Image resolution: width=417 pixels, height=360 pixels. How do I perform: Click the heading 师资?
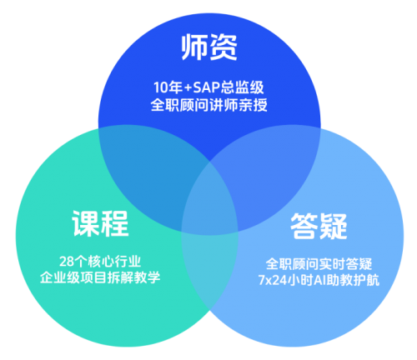click(x=209, y=47)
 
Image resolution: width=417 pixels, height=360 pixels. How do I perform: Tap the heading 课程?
click(x=100, y=223)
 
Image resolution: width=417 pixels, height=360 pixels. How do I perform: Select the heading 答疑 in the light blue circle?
click(x=319, y=226)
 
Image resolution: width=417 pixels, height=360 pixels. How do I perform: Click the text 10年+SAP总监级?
click(x=208, y=87)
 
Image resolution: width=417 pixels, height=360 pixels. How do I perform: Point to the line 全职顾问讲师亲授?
click(x=208, y=105)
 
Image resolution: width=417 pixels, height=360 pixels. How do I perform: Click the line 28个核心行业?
click(x=100, y=262)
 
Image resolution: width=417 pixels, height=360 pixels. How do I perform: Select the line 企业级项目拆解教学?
click(x=100, y=277)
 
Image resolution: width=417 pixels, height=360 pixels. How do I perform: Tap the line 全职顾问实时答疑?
click(x=319, y=264)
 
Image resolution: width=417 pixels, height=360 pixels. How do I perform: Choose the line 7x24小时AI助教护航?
click(x=319, y=280)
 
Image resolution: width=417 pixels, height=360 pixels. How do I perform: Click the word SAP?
click(x=207, y=87)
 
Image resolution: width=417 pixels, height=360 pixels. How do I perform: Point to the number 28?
click(x=67, y=262)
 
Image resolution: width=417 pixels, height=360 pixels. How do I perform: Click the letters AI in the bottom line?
click(x=320, y=280)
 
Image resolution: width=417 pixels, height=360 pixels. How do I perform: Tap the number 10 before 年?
click(x=161, y=87)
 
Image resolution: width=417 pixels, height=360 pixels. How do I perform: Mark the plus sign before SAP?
click(x=188, y=88)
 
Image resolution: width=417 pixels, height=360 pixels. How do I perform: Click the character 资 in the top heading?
click(x=224, y=47)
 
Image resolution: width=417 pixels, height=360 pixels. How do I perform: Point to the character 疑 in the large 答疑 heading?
click(x=334, y=226)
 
